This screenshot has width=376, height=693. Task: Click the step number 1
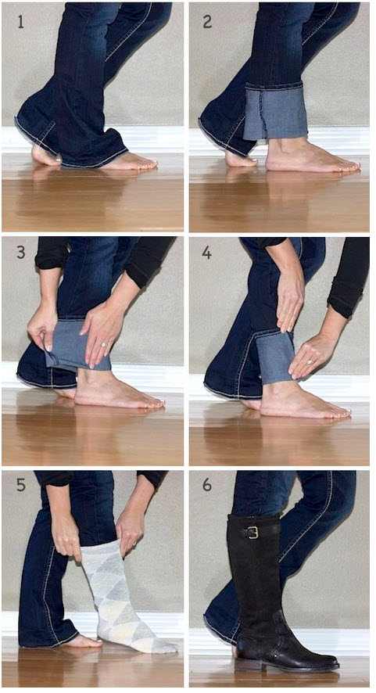tap(20, 21)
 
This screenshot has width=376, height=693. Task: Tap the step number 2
tap(207, 21)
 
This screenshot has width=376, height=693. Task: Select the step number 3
tap(21, 253)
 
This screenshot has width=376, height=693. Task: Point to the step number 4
tap(207, 253)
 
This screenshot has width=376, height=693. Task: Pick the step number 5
tap(21, 485)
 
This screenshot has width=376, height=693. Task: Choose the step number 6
tap(207, 485)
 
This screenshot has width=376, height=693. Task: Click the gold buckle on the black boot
tap(252, 533)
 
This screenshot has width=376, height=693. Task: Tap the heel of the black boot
tap(243, 664)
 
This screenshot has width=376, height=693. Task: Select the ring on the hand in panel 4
tap(310, 361)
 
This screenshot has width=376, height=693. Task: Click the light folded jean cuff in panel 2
tap(276, 112)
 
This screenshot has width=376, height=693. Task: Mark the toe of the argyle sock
tap(166, 647)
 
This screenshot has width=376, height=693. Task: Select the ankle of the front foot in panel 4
tap(275, 389)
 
